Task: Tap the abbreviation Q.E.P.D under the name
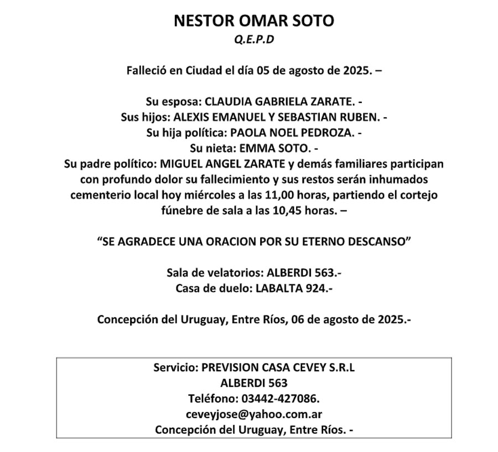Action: [254, 40]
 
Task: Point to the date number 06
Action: [297, 319]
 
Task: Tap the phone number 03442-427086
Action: [280, 398]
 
